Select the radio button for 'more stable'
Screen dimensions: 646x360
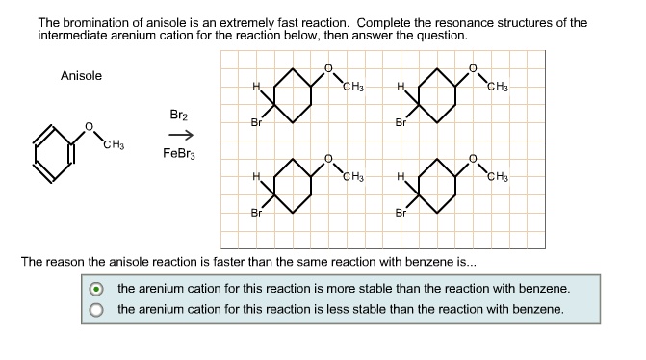(x=95, y=289)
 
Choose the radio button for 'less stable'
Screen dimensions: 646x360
(x=95, y=310)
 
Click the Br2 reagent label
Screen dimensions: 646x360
(x=179, y=114)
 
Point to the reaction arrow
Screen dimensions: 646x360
(x=179, y=134)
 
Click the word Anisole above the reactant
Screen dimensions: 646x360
(x=81, y=76)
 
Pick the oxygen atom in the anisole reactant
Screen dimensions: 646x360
(x=89, y=125)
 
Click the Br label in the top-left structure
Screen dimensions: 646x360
(x=255, y=123)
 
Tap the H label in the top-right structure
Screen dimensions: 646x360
(x=400, y=88)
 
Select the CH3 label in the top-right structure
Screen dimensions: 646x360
(x=498, y=88)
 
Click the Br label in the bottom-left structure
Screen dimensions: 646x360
(x=255, y=213)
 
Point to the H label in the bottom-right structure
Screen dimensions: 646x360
(x=400, y=177)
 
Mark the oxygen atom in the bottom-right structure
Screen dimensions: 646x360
(x=472, y=157)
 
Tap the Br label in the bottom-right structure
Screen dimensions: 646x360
(x=401, y=213)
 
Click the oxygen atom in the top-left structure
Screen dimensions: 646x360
(x=327, y=67)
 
